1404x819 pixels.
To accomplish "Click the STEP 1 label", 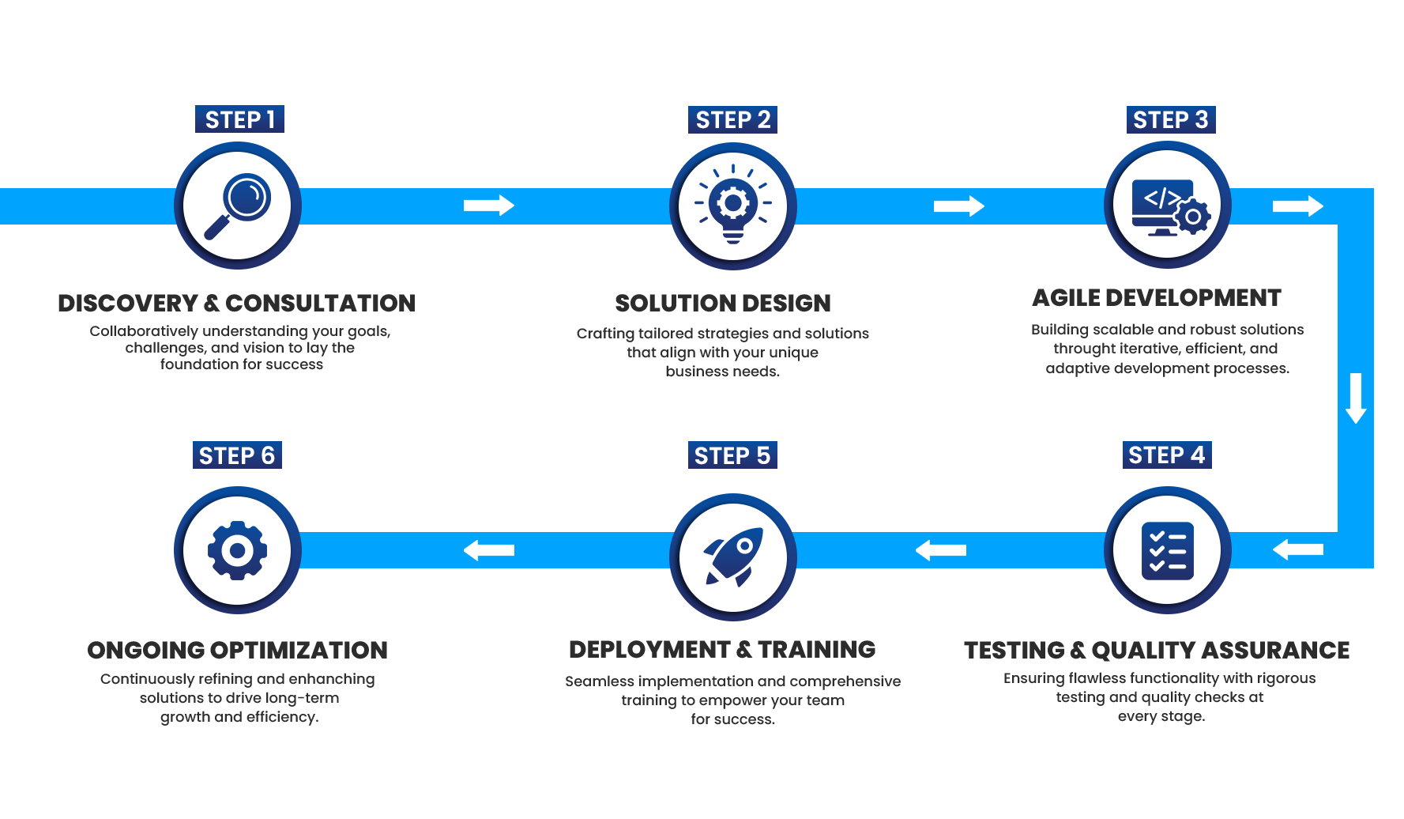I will tap(239, 120).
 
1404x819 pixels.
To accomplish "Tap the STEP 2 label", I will tap(732, 120).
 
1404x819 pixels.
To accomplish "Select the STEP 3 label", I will tap(1170, 120).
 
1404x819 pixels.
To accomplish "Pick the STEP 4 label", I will tap(1166, 455).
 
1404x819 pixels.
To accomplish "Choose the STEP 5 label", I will tap(732, 456).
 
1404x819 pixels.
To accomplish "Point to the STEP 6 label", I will tap(236, 456).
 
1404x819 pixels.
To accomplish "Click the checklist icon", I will tap(1167, 551).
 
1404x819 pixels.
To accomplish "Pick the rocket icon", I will tap(732, 557).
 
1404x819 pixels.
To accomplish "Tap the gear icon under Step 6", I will tap(237, 550).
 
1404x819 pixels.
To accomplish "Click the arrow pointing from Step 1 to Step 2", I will tap(489, 206).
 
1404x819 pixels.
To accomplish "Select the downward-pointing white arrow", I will tap(1356, 398).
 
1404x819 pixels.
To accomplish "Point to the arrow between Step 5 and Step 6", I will tap(489, 550).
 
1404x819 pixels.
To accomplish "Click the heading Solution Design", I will tap(723, 304).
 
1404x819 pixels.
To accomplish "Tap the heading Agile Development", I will tap(1157, 298).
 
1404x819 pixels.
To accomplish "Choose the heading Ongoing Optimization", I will tap(237, 651).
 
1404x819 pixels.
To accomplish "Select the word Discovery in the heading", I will tap(128, 304).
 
